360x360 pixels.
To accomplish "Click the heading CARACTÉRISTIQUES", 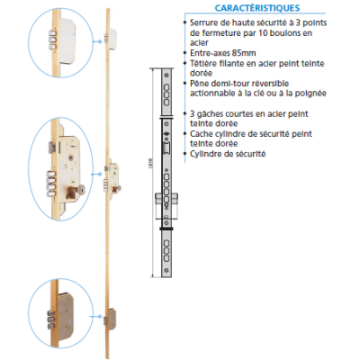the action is click(257, 8).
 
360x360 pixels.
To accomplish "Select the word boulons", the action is click(285, 33).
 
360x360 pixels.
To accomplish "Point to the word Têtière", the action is click(202, 63).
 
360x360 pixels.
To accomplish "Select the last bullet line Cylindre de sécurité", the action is click(228, 154).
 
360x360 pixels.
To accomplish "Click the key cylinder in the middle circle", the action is click(76, 192).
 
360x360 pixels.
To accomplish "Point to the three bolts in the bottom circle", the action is click(52, 319).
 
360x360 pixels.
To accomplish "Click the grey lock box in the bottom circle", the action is click(66, 316).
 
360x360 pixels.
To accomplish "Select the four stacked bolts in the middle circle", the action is click(51, 184).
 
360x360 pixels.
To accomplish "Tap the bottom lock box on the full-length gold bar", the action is click(112, 319).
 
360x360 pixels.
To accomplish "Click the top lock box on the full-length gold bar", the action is click(112, 39).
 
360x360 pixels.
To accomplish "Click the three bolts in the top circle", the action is click(52, 39).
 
